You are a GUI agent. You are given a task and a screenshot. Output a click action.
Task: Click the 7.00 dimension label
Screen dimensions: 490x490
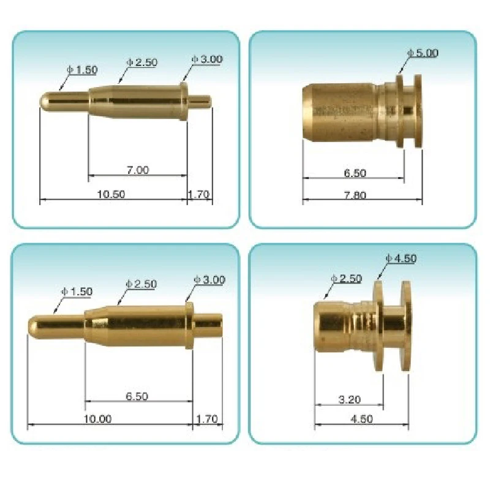pyautogui.click(x=138, y=170)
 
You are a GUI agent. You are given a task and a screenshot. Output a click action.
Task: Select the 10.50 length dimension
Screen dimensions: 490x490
pyautogui.click(x=111, y=194)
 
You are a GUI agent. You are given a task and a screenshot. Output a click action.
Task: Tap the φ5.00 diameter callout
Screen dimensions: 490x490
pyautogui.click(x=423, y=53)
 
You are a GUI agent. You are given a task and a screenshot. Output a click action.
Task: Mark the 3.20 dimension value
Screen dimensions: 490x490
pyautogui.click(x=349, y=400)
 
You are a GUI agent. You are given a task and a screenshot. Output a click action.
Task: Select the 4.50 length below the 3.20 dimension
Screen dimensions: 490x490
pyautogui.click(x=361, y=419)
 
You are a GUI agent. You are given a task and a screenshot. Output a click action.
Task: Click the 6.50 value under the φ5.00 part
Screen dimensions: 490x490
pyautogui.click(x=355, y=173)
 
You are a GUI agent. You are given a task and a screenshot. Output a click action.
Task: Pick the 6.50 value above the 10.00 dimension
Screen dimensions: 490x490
pyautogui.click(x=137, y=396)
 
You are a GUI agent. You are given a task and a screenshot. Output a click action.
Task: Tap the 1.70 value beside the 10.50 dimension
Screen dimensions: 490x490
pyautogui.click(x=199, y=195)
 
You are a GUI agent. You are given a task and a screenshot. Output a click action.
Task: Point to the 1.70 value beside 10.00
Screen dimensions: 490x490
pyautogui.click(x=206, y=419)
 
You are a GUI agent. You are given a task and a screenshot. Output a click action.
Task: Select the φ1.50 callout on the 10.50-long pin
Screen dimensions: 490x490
pyautogui.click(x=83, y=70)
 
